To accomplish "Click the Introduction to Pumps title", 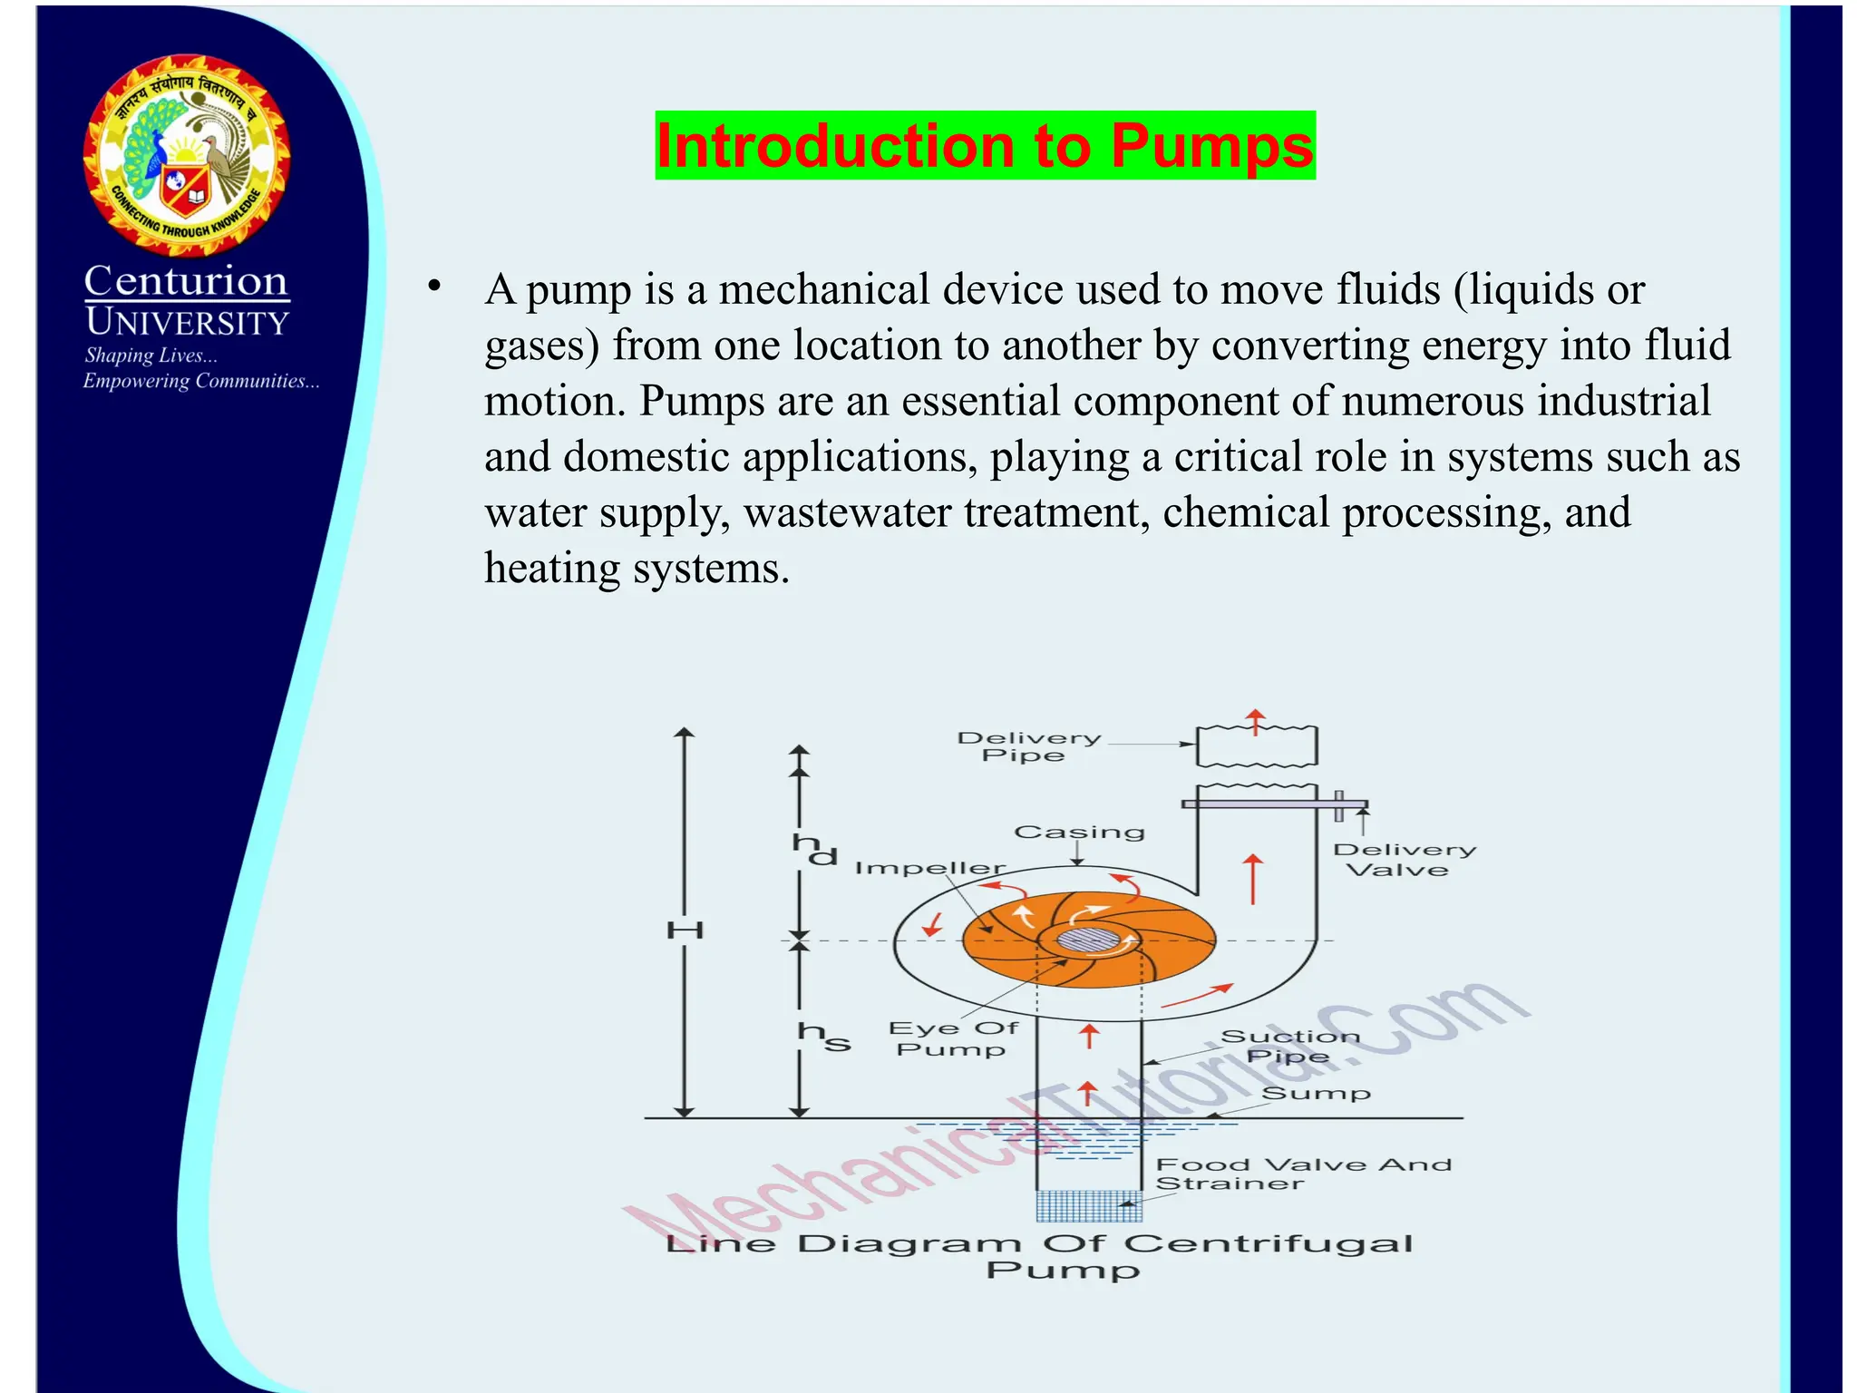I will click(985, 145).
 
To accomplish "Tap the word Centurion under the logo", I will click(186, 281).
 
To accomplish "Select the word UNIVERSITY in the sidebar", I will click(187, 323).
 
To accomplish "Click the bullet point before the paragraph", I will click(434, 287).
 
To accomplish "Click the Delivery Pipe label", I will click(1028, 746).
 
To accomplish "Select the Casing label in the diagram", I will click(1079, 833).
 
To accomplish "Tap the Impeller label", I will click(929, 869).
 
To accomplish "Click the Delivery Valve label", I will click(1403, 860).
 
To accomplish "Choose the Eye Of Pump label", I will click(952, 1038).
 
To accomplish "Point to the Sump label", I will click(1316, 1094).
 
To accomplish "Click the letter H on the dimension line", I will click(685, 930).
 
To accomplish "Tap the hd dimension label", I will click(813, 850).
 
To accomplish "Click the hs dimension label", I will click(823, 1037).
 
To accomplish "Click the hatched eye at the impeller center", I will click(1087, 940).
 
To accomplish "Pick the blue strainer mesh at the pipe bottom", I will click(1088, 1205).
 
